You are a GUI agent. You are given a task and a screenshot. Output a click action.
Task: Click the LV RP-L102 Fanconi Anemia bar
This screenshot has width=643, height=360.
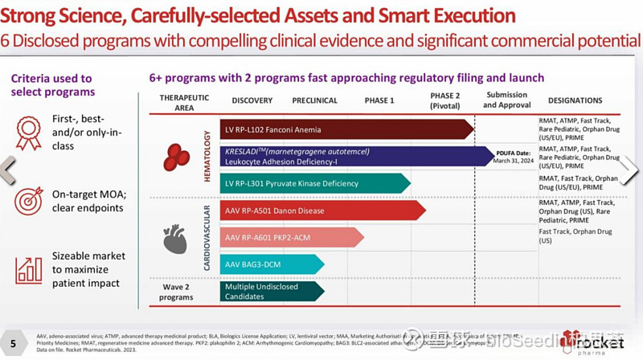coord(346,129)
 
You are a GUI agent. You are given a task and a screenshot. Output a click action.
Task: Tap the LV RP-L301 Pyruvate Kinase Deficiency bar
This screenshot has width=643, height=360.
coord(313,184)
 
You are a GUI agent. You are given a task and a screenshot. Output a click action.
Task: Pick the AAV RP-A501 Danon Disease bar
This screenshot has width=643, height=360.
coord(321,211)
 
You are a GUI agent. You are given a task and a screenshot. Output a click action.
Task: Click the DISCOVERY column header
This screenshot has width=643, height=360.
coord(252,100)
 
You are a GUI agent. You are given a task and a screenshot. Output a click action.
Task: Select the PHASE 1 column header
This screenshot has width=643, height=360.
coord(380,100)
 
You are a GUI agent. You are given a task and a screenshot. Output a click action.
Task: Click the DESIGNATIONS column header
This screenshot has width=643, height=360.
coord(575,100)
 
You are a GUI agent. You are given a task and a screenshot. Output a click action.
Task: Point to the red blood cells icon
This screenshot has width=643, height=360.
coord(176,157)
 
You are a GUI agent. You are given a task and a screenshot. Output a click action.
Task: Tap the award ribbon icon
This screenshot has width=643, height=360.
coord(28,133)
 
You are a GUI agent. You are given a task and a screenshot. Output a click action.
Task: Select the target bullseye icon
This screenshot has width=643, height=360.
coord(28,200)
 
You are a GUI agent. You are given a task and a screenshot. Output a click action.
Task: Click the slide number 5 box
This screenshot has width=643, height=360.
coord(12,337)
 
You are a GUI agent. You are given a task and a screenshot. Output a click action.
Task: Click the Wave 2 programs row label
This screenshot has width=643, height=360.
coord(177,291)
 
